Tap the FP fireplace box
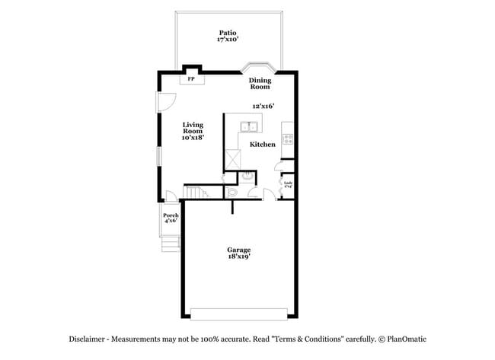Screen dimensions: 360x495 191,79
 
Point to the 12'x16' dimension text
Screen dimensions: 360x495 263,107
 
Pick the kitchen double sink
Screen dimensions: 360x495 249,126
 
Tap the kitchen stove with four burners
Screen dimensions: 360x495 288,139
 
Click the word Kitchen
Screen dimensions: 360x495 263,145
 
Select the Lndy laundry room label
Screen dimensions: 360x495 288,183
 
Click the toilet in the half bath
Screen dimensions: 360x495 233,192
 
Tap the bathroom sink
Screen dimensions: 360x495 247,177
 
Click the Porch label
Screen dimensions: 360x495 171,218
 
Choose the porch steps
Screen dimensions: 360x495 171,243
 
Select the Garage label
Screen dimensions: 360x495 238,250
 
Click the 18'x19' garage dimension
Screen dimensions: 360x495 238,257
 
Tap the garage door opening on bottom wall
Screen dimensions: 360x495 238,314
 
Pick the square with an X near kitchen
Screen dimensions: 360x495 232,159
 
